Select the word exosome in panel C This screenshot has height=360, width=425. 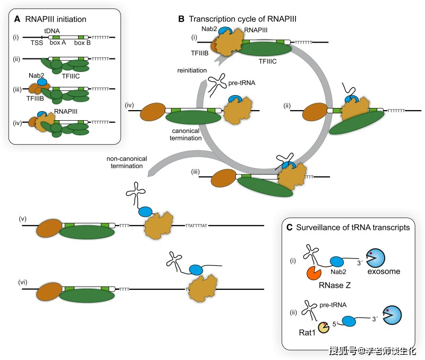click(x=381, y=272)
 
